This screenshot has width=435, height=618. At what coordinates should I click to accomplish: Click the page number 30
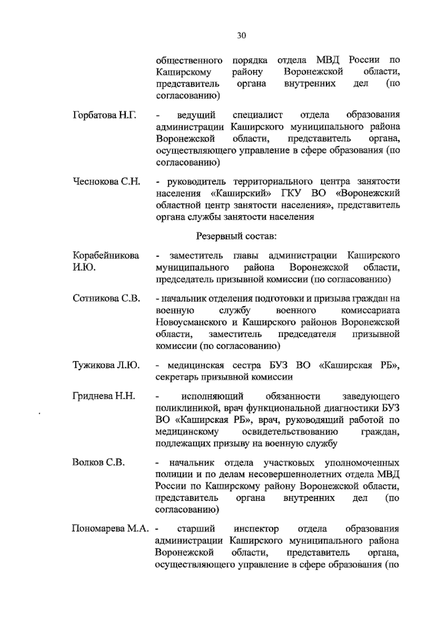pyautogui.click(x=241, y=35)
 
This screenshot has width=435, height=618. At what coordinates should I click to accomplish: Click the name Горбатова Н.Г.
pyautogui.click(x=104, y=115)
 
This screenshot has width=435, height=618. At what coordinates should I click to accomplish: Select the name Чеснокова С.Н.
pyautogui.click(x=107, y=181)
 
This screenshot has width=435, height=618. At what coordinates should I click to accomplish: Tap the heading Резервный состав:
pyautogui.click(x=236, y=237)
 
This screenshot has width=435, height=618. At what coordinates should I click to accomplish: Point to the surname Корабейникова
pyautogui.click(x=106, y=255)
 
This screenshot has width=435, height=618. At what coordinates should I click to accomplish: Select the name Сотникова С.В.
pyautogui.click(x=106, y=299)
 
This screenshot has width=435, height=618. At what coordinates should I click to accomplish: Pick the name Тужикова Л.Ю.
pyautogui.click(x=106, y=365)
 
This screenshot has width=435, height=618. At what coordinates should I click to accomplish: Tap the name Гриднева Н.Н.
pyautogui.click(x=104, y=396)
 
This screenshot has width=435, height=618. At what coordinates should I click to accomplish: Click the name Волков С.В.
pyautogui.click(x=98, y=463)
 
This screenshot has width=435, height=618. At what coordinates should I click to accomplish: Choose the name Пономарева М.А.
pyautogui.click(x=111, y=529)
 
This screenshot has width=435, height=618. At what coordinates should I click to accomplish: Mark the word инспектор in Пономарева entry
pyautogui.click(x=256, y=529)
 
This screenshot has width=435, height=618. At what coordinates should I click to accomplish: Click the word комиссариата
pyautogui.click(x=370, y=311)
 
